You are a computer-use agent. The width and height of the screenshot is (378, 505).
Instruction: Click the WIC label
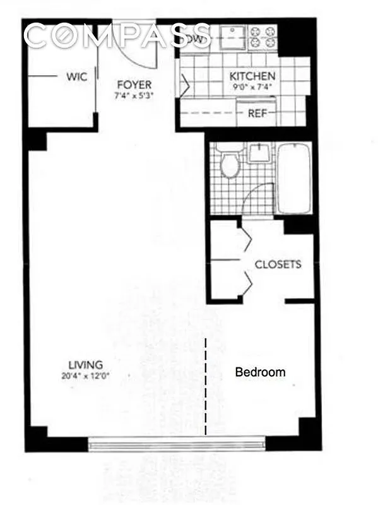[77, 78]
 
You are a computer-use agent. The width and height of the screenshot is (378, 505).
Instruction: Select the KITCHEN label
[252, 76]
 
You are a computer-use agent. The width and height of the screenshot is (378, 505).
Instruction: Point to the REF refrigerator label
[256, 114]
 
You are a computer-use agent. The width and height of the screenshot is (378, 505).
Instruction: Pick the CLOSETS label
[278, 264]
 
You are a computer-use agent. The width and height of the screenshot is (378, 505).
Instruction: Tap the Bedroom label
[260, 372]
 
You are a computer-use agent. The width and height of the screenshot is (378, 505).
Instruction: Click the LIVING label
[86, 365]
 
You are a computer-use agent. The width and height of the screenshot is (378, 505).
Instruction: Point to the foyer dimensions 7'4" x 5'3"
[133, 96]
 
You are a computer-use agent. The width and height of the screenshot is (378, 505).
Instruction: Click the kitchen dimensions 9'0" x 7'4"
[252, 86]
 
